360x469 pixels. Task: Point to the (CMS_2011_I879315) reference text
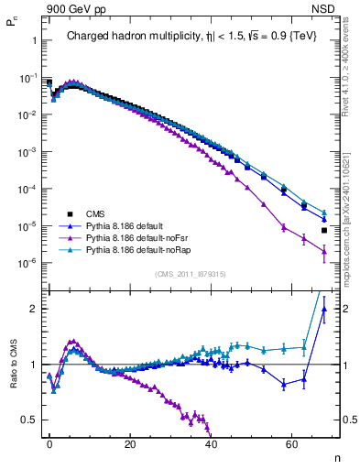(191, 274)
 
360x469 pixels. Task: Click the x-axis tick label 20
(130, 444)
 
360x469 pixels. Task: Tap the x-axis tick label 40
(211, 444)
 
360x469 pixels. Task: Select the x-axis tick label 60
(291, 444)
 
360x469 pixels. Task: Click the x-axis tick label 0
(49, 444)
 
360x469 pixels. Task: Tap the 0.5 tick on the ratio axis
(28, 420)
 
